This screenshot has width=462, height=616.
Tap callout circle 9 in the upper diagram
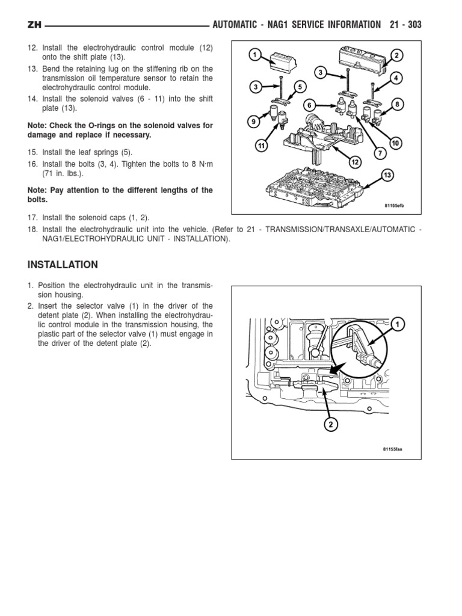(253, 122)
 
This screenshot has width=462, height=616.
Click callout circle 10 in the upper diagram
(395, 143)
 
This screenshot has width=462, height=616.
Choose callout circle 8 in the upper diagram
(396, 105)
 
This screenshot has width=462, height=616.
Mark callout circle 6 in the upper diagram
(309, 105)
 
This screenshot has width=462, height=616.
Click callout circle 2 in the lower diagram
(330, 425)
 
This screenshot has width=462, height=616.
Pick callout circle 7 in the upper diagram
(380, 154)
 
